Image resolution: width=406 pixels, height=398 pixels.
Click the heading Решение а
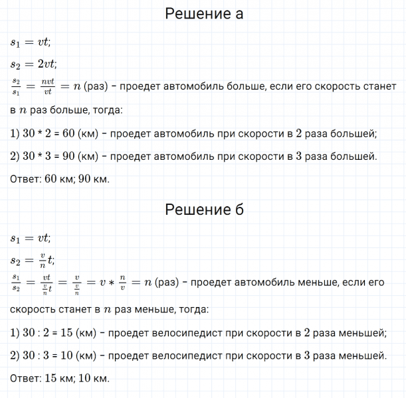tap(203, 13)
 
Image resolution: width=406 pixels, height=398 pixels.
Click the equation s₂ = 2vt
tap(34, 64)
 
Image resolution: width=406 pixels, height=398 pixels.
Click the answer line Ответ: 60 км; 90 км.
tap(60, 180)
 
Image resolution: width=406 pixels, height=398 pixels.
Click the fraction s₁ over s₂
tap(16, 283)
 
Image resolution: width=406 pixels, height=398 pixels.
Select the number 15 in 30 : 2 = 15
tap(68, 332)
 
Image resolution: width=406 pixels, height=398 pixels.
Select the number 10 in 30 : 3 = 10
tap(68, 356)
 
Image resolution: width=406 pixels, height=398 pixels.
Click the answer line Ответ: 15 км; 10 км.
tap(60, 378)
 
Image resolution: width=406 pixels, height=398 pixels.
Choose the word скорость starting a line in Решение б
tap(34, 309)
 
